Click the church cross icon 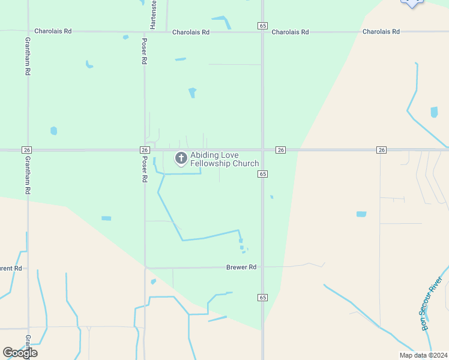pyautogui.click(x=181, y=158)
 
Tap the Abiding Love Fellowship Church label pyautogui.click(x=224, y=159)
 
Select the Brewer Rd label pyautogui.click(x=241, y=267)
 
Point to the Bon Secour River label pyautogui.click(x=431, y=304)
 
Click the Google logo pyautogui.click(x=20, y=353)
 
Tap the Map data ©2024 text pyautogui.click(x=423, y=355)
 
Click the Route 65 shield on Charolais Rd pyautogui.click(x=262, y=26)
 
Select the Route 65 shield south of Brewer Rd pyautogui.click(x=262, y=298)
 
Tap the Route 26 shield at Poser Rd pyautogui.click(x=144, y=149)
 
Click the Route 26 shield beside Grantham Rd pyautogui.click(x=26, y=149)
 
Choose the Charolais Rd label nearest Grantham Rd pyautogui.click(x=53, y=31)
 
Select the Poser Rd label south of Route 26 pyautogui.click(x=144, y=170)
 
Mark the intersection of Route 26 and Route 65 pyautogui.click(x=262, y=149)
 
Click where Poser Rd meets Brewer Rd pyautogui.click(x=145, y=268)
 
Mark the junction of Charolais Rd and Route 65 pyautogui.click(x=262, y=32)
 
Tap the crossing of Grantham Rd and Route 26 pyautogui.click(x=28, y=149)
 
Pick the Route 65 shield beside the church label pyautogui.click(x=262, y=173)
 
